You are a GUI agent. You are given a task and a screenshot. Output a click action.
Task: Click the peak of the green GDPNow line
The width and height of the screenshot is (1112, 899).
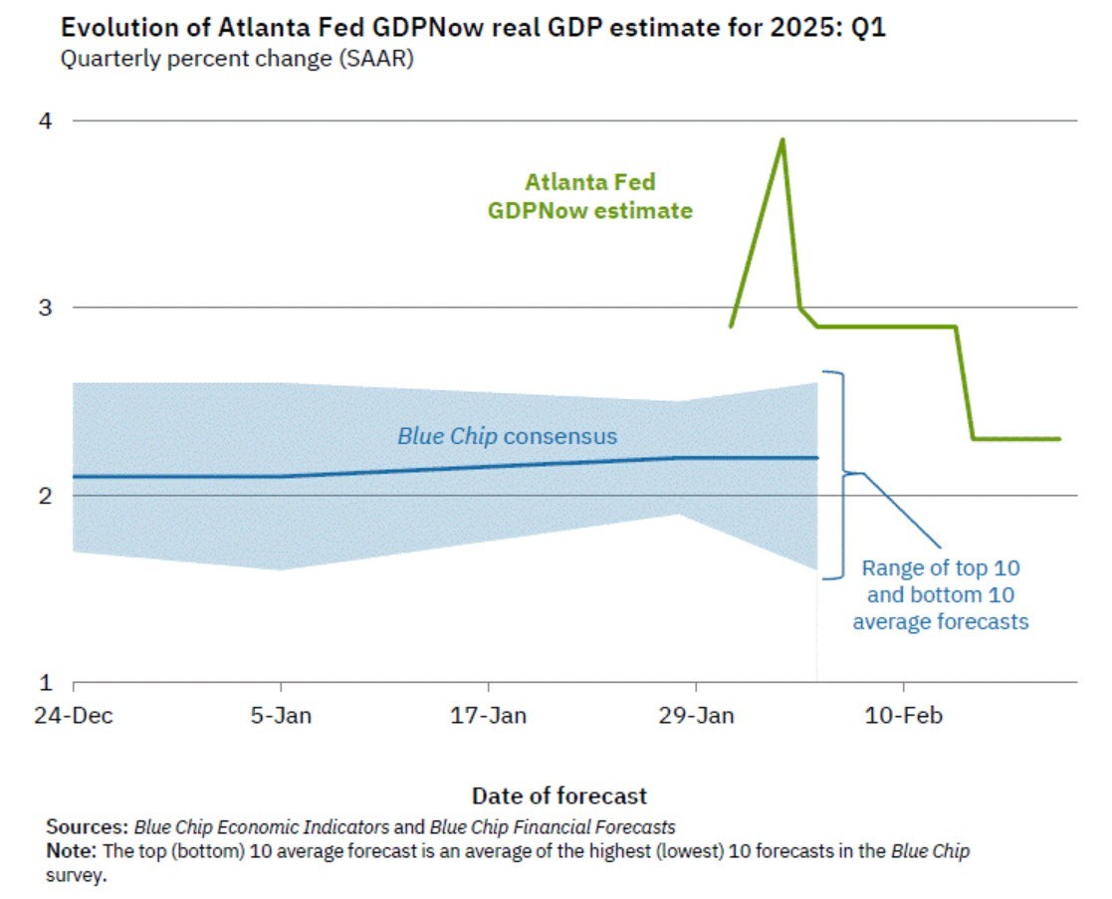pyautogui.click(x=782, y=140)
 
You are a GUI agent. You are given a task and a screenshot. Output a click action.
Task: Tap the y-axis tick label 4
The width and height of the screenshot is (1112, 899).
pyautogui.click(x=45, y=121)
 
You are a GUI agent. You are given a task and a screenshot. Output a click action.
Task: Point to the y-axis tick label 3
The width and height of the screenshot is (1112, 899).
pyautogui.click(x=45, y=308)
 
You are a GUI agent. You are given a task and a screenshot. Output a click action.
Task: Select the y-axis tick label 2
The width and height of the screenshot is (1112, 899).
pyautogui.click(x=45, y=495)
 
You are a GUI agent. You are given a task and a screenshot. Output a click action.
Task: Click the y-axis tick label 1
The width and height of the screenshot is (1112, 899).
pyautogui.click(x=45, y=683)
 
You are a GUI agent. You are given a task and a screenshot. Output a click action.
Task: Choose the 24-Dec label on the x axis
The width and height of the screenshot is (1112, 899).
pyautogui.click(x=73, y=715)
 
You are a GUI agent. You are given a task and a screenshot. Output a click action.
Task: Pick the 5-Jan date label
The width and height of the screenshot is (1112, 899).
pyautogui.click(x=282, y=715)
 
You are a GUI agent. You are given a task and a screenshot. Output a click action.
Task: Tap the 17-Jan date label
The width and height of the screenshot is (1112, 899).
pyautogui.click(x=489, y=715)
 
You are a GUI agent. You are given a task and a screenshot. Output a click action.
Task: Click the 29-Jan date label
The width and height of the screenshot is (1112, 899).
pyautogui.click(x=696, y=715)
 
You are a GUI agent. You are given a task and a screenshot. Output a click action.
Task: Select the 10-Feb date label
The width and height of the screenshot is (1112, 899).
pyautogui.click(x=904, y=715)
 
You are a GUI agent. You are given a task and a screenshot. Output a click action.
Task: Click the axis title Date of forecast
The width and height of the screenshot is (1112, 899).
pyautogui.click(x=558, y=795)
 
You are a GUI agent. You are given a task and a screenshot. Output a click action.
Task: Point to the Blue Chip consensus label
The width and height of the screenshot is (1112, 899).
pyautogui.click(x=507, y=436)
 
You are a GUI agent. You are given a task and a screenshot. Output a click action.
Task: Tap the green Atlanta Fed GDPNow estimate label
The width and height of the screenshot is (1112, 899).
pyautogui.click(x=589, y=196)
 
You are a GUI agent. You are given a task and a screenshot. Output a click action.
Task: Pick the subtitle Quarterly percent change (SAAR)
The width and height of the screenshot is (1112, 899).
pyautogui.click(x=237, y=59)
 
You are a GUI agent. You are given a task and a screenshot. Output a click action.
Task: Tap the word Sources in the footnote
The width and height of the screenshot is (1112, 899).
pyautogui.click(x=87, y=827)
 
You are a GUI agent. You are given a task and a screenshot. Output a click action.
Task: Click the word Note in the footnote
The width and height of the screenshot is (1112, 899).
pyautogui.click(x=69, y=852)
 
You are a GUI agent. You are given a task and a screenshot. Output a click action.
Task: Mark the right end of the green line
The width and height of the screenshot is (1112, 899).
pyautogui.click(x=1058, y=439)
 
